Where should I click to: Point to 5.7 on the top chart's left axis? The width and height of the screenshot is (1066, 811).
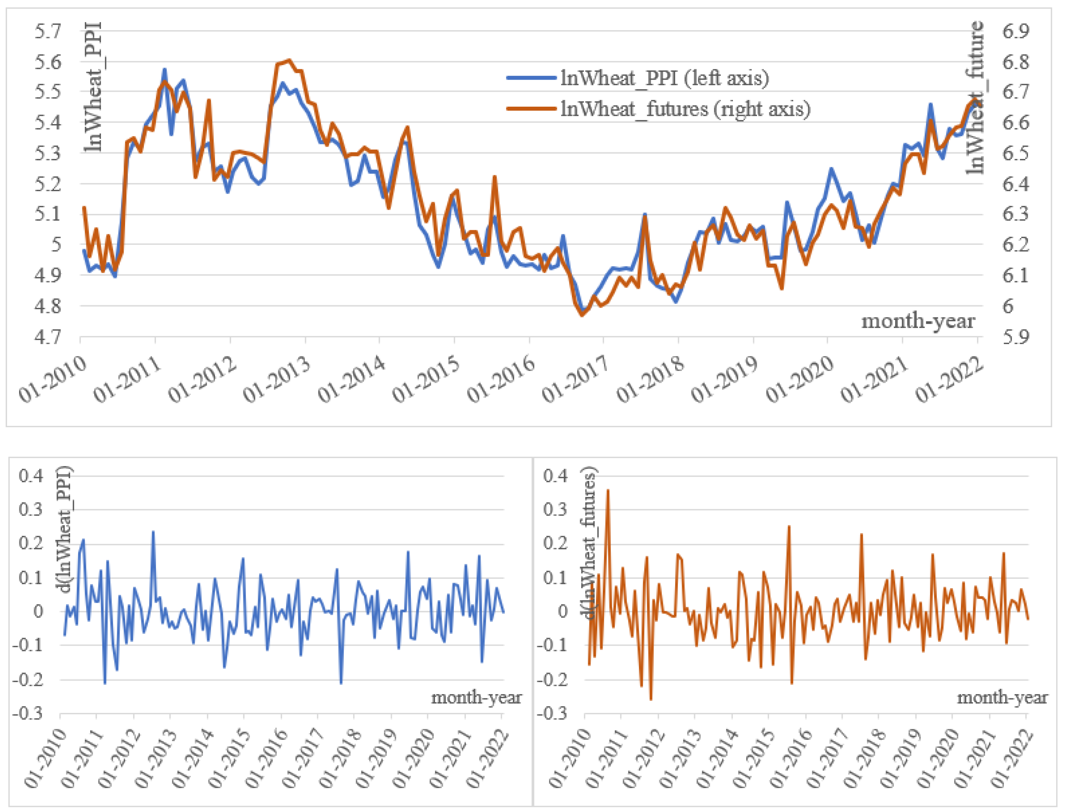pos(48,32)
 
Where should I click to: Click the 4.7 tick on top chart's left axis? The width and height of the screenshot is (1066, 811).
pos(48,336)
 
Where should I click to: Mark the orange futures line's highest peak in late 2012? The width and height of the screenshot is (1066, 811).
pos(289,60)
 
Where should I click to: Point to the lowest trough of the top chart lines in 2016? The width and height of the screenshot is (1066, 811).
pos(582,314)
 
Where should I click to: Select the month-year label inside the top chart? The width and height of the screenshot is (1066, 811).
pos(918,321)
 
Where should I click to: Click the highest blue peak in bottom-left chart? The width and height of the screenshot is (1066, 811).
pos(153,532)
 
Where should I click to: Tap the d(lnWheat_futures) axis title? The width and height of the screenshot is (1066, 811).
pos(590,543)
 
